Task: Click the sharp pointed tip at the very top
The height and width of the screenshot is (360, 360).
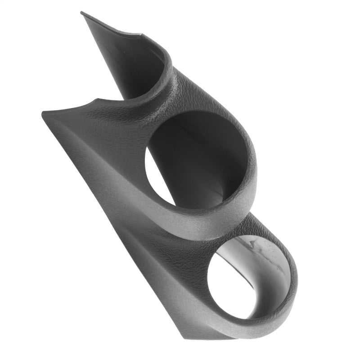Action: tap(82, 13)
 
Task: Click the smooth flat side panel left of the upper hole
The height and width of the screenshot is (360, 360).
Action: tap(103, 148)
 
